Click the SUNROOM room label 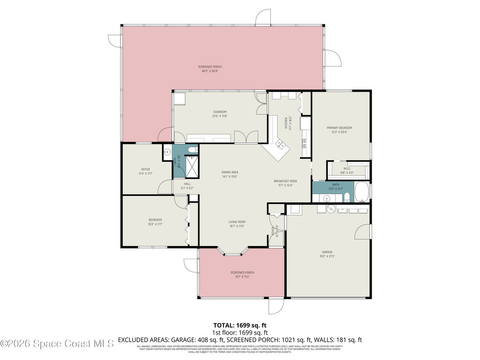point(220,112)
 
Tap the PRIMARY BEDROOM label point(339,127)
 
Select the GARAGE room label point(327,252)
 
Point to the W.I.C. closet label point(347,169)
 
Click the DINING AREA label point(230,172)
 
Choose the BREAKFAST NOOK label point(285,181)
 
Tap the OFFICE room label point(145,169)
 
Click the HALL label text point(187,184)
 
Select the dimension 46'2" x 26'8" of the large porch point(210,71)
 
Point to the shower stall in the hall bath point(192,166)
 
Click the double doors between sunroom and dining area point(246,137)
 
